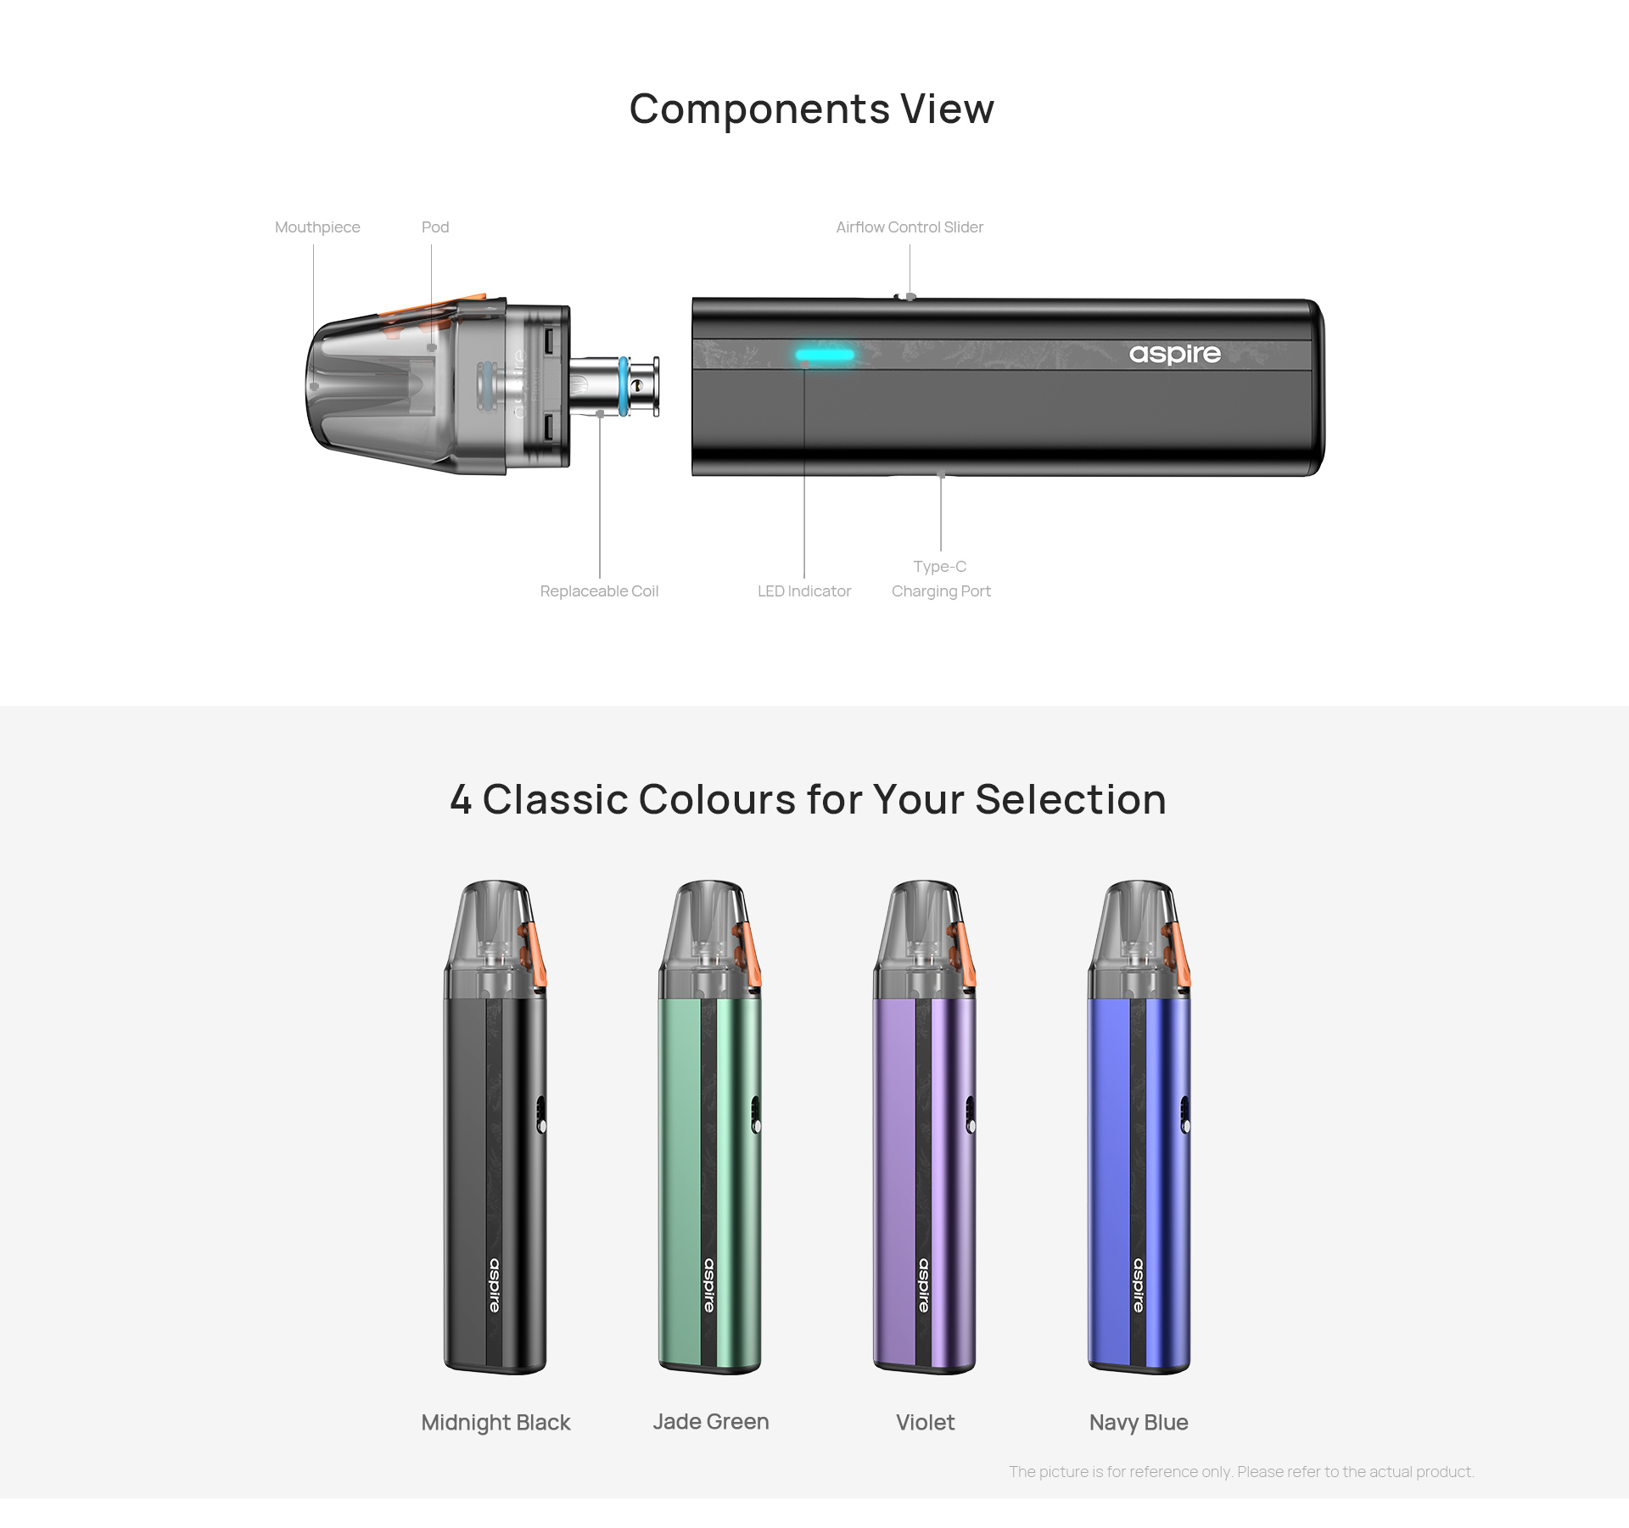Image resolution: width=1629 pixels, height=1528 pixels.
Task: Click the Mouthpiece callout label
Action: (317, 227)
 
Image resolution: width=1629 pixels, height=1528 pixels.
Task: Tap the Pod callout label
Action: (435, 227)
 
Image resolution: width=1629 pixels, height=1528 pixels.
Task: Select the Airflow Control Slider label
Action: (910, 227)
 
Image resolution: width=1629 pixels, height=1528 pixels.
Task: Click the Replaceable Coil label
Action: (599, 591)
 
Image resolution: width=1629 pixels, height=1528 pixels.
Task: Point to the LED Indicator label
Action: (804, 591)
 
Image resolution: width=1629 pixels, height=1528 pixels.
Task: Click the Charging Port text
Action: (941, 591)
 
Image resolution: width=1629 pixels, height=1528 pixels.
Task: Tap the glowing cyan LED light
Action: (825, 355)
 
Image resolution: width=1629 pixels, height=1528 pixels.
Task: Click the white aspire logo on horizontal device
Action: (1175, 354)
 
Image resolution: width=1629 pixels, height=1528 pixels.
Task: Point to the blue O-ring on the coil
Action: (624, 386)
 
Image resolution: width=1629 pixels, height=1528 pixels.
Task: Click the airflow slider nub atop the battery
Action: (907, 297)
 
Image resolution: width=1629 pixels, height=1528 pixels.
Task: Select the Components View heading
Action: (812, 109)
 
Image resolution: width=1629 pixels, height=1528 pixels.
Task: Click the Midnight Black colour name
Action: (495, 1422)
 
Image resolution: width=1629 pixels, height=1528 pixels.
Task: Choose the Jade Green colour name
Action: (711, 1422)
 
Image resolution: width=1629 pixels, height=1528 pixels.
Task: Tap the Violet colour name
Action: (926, 1422)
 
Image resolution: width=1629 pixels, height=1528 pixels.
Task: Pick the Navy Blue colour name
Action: (1139, 1422)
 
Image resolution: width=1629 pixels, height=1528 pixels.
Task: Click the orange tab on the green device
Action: (749, 955)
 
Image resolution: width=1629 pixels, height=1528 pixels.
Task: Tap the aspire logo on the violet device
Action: (924, 1285)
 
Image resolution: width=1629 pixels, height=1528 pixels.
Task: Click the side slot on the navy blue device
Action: (1185, 1114)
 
